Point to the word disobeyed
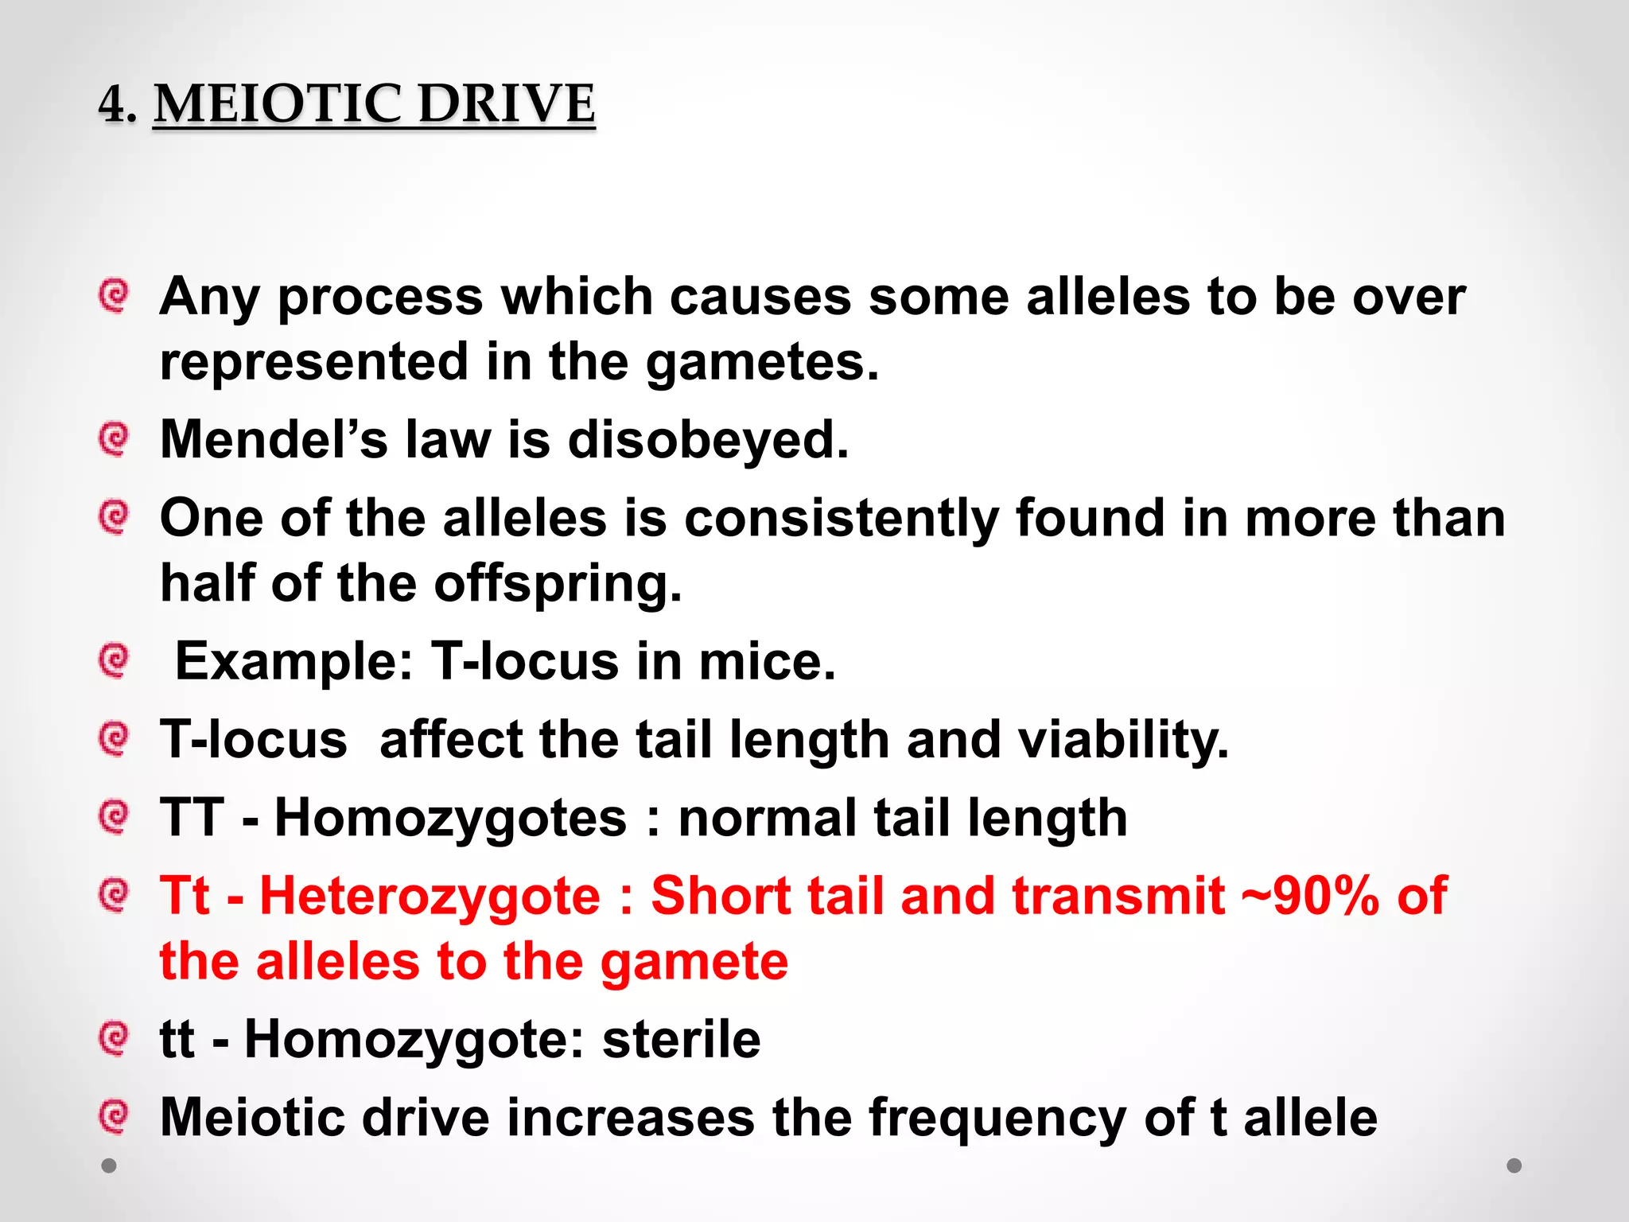[707, 439]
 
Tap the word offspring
[557, 585]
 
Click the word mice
[767, 661]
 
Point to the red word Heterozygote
[430, 897]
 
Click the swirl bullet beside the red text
[114, 895]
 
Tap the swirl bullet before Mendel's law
[114, 438]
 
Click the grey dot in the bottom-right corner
[1514, 1166]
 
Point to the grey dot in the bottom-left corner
[109, 1166]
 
